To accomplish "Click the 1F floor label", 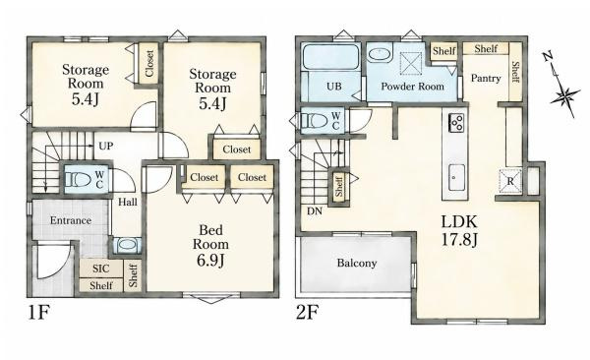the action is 38,312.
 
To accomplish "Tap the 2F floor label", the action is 308,312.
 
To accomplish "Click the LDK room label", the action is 458,221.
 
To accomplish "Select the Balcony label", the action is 357,263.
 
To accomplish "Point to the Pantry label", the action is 486,79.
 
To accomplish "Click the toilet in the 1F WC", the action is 79,179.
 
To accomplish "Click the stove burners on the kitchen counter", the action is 456,122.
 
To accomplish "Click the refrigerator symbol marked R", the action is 510,181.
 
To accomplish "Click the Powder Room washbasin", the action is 380,55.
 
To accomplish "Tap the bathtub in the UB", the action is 330,57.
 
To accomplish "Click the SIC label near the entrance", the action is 101,269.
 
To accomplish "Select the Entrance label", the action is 71,220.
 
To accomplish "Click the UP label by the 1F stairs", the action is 106,146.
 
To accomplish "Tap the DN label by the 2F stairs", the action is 315,211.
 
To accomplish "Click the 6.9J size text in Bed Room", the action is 210,260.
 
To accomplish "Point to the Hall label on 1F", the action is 128,203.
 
